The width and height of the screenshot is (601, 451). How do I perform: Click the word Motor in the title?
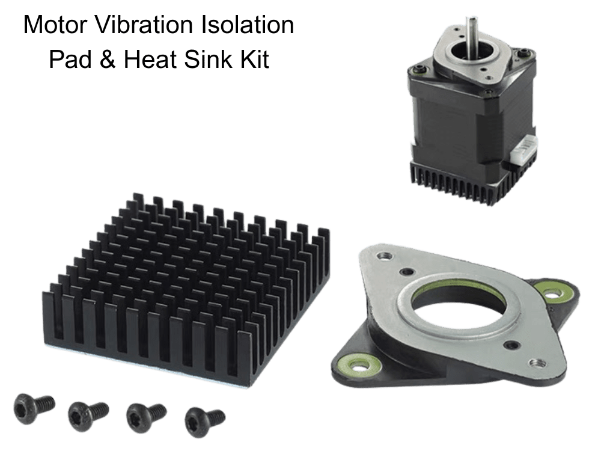[x=55, y=25]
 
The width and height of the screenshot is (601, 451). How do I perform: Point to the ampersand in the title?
[x=108, y=60]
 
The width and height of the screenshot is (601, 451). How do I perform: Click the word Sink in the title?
[x=208, y=60]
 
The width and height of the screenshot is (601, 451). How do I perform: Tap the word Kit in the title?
[x=254, y=60]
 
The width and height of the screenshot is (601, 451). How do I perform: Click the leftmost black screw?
[x=34, y=408]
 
